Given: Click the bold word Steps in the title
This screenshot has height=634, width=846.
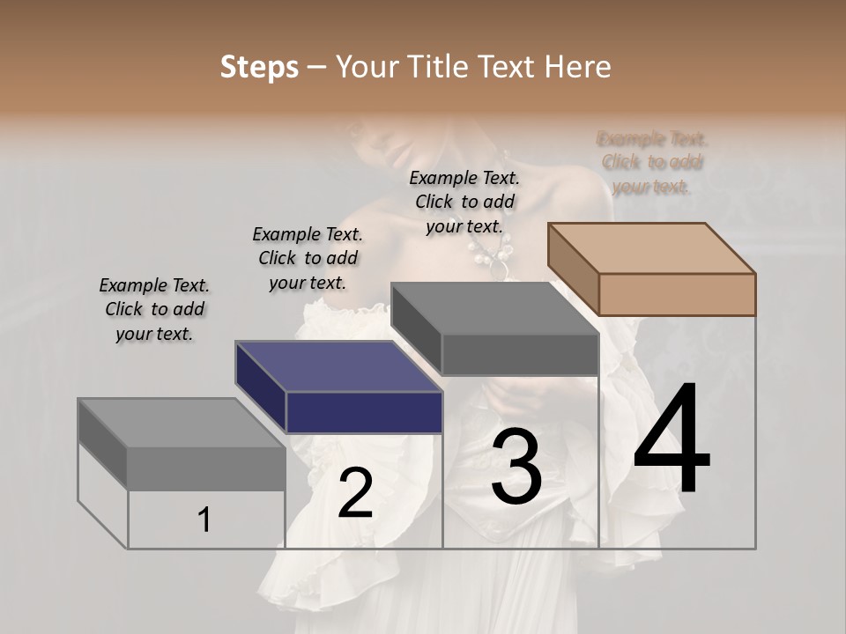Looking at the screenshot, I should pos(259,67).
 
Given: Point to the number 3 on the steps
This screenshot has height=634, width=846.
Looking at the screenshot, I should pos(516,468).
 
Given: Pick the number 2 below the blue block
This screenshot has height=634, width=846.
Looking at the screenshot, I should pos(355,493).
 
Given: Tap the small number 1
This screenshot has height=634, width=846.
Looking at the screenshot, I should pos(204,520).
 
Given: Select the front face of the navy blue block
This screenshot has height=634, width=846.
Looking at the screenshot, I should pos(364,412).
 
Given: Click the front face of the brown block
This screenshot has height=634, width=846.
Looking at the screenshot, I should pos(677,294).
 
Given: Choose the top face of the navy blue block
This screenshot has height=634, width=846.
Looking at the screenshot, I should pos(338,366).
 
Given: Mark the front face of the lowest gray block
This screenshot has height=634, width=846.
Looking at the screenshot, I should pos(206,467).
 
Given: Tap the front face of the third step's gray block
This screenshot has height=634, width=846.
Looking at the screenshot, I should pos(520,355).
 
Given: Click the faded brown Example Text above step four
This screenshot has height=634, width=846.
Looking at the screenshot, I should pos(652,163).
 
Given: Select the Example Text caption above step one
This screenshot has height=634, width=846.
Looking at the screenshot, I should pos(154,309).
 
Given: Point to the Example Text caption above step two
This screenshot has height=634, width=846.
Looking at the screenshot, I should pos(308,258).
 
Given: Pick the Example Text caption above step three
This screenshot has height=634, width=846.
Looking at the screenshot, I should pos(464,202).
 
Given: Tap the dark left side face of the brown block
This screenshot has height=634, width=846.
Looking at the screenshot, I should pos(573,269).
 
